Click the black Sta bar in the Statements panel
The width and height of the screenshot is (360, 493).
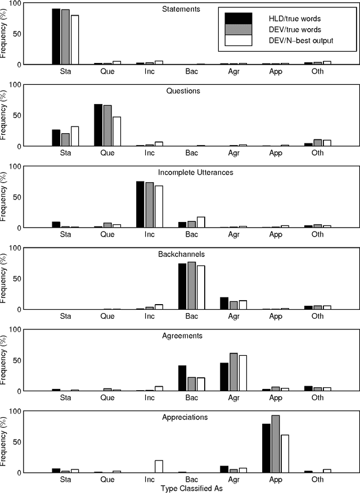(x=56, y=37)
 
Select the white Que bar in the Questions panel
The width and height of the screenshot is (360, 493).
(x=117, y=132)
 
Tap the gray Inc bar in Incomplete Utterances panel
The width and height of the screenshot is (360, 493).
(x=150, y=205)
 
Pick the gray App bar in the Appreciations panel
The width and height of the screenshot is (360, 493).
(x=276, y=444)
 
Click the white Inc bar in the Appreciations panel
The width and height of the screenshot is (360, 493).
(x=159, y=467)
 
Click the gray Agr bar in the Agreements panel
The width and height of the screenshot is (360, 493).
(x=233, y=372)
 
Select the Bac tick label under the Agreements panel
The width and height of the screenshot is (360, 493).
(x=191, y=397)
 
